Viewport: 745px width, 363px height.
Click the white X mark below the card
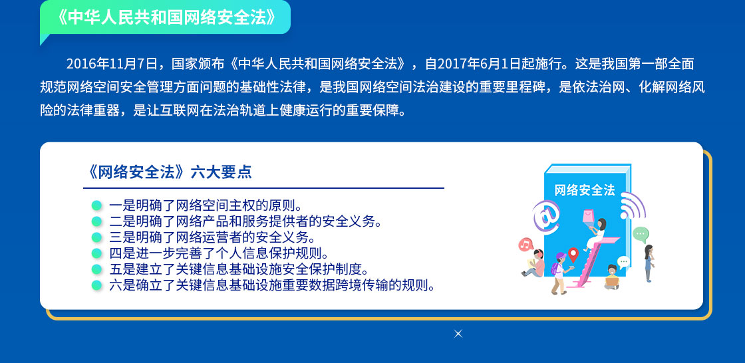pyautogui.click(x=458, y=334)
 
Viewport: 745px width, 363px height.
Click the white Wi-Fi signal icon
pyautogui.click(x=633, y=205)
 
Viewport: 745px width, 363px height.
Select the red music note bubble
pyautogui.click(x=525, y=245)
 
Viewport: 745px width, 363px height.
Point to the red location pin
pyautogui.click(x=573, y=254)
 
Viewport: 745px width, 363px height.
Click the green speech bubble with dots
pyautogui.click(x=641, y=234)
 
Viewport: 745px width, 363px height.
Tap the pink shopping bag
pyautogui.click(x=589, y=217)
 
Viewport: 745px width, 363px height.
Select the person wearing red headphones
pyautogui.click(x=534, y=263)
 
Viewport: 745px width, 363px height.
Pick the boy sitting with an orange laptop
pyautogui.click(x=612, y=277)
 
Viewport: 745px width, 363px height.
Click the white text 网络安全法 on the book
pyautogui.click(x=585, y=190)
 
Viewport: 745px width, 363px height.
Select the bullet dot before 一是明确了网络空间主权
pyautogui.click(x=96, y=205)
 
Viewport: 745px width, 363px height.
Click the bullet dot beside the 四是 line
pyautogui.click(x=96, y=253)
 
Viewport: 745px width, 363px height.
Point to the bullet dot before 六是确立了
pyautogui.click(x=96, y=285)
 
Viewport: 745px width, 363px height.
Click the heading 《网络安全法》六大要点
pyautogui.click(x=168, y=172)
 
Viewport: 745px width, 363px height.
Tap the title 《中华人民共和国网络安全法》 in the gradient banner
pyautogui.click(x=166, y=17)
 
